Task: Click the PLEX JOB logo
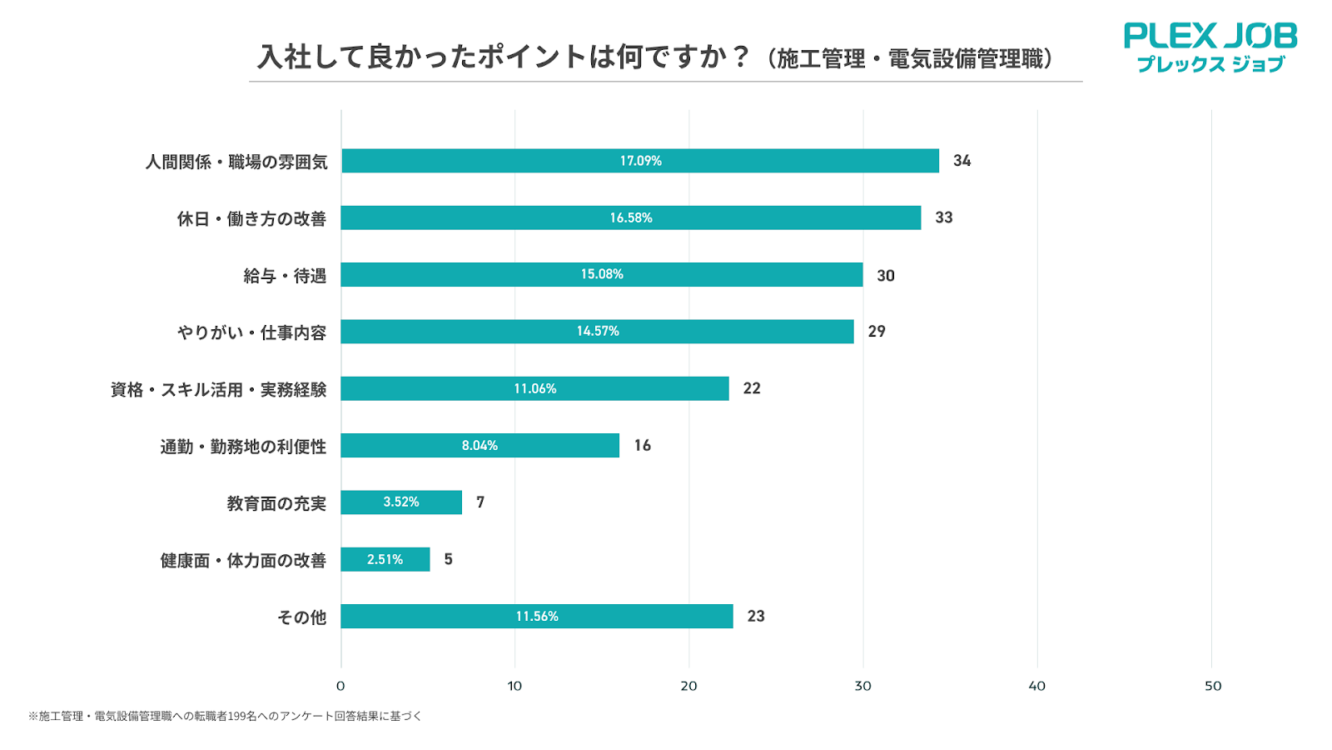(x=1210, y=47)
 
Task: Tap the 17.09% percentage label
(x=640, y=161)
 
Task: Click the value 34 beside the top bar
(x=962, y=161)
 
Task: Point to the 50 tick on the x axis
(x=1213, y=686)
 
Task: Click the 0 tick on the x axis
(x=340, y=686)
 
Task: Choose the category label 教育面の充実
(x=276, y=503)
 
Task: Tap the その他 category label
(x=301, y=617)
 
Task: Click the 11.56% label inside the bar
(x=537, y=617)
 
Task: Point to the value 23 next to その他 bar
(x=755, y=617)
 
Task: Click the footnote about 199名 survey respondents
(x=225, y=716)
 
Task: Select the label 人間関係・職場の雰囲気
(x=236, y=162)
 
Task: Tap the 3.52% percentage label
(x=400, y=502)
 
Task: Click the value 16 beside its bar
(x=642, y=446)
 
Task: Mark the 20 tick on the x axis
(x=688, y=686)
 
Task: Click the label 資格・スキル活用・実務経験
(x=218, y=390)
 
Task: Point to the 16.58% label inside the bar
(x=630, y=217)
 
